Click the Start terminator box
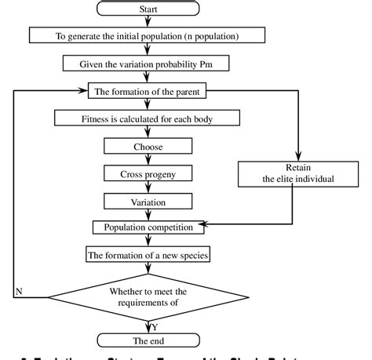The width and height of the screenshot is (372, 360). pos(149,10)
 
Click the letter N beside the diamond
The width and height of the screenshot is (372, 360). pos(18,292)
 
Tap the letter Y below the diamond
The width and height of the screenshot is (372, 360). pos(156,325)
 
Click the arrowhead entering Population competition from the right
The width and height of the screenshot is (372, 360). pos(210,227)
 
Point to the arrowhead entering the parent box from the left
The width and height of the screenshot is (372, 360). pos(82,91)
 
